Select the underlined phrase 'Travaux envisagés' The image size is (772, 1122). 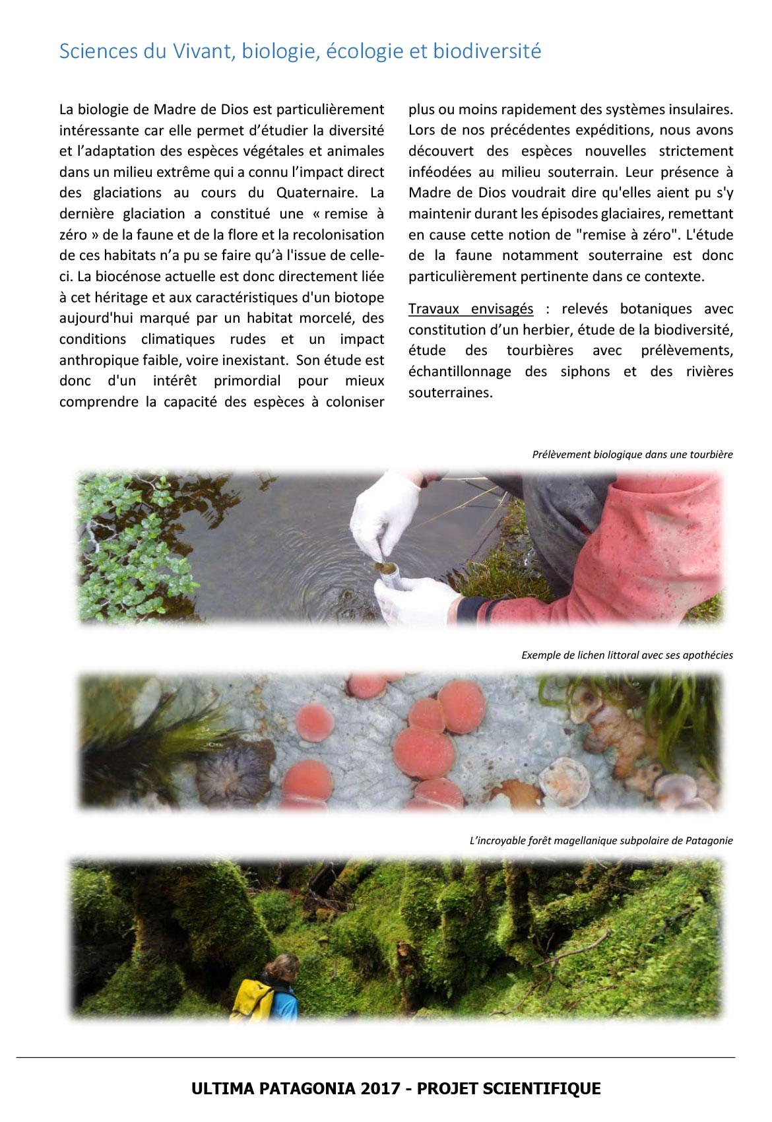point(470,309)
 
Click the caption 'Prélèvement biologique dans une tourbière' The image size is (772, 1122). point(632,455)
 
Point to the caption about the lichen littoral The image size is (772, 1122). point(627,655)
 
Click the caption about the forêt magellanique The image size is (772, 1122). point(600,841)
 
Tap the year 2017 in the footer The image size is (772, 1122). point(379,1089)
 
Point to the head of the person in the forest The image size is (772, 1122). point(283,968)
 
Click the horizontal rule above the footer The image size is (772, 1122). point(375,1058)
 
